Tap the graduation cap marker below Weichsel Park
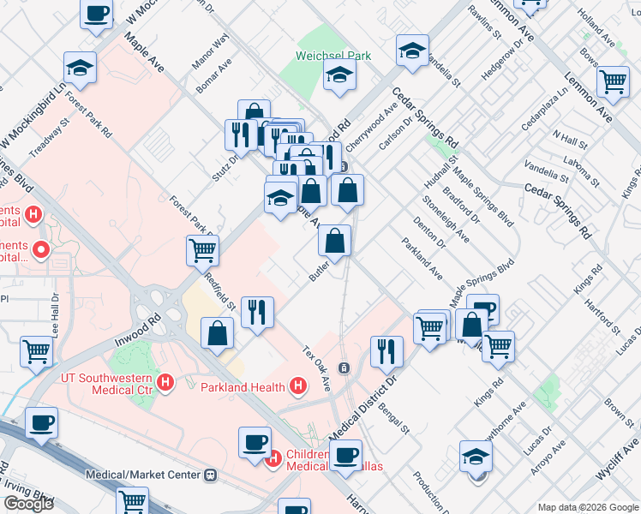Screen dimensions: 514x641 pos(340,76)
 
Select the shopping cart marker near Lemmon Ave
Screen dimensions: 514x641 pos(613,82)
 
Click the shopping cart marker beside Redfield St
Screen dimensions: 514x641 pos(203,251)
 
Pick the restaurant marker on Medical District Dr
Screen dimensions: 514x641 pos(386,350)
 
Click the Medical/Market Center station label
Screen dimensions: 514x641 pos(142,475)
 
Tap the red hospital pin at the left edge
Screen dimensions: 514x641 pos(40,251)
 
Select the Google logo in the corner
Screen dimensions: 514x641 pos(28,504)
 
